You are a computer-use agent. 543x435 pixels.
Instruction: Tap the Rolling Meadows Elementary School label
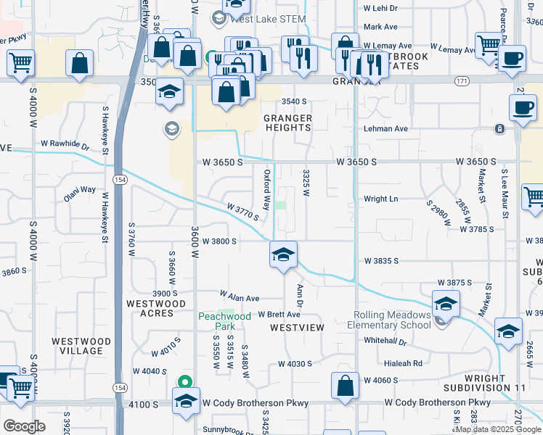point(392,320)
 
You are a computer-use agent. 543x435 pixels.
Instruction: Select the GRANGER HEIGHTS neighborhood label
point(287,123)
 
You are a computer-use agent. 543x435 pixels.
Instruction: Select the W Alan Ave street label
point(240,297)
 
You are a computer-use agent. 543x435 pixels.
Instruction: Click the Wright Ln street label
point(381,199)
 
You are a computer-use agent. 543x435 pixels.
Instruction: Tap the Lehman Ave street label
point(386,128)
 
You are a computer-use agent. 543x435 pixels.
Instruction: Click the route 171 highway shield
point(462,80)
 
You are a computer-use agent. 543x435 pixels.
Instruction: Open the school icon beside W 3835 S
point(283,255)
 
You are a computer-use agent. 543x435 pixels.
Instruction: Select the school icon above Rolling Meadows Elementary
point(446,303)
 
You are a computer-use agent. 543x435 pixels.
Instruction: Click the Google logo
point(24,426)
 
